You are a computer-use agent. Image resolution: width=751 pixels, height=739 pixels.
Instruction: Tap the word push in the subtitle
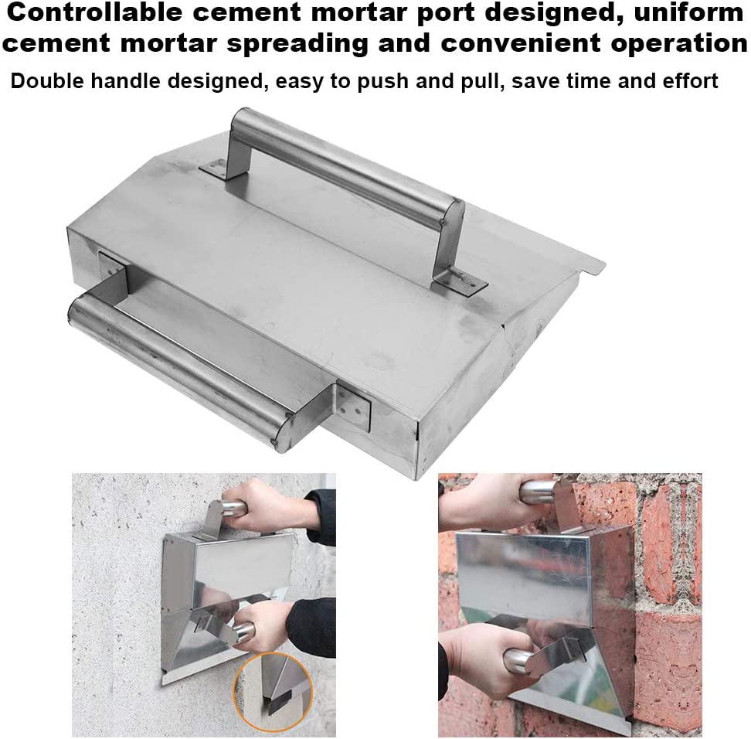pyautogui.click(x=353, y=81)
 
